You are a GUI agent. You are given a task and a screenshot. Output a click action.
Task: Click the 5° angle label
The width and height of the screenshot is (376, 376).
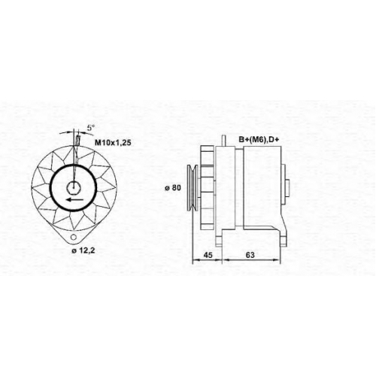point(91,128)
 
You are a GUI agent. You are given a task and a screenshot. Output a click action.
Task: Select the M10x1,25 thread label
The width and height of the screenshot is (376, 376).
point(113,143)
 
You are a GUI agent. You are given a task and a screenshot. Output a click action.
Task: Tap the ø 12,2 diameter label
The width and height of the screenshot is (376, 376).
point(83,250)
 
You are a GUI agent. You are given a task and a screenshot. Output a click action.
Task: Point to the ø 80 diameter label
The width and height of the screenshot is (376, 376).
point(173,187)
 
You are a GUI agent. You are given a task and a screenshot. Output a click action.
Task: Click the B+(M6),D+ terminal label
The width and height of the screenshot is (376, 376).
point(259,140)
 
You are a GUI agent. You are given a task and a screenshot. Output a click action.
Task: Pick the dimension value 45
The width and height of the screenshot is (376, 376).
point(208,255)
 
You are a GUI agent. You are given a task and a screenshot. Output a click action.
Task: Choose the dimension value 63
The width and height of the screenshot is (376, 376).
point(250,255)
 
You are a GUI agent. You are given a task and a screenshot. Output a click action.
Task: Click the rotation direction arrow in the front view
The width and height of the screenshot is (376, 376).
point(75,199)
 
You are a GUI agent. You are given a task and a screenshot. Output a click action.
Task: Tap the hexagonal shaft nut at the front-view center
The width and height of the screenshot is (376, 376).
point(74,187)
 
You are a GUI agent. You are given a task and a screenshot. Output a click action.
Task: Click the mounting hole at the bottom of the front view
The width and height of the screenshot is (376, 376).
point(74,236)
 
